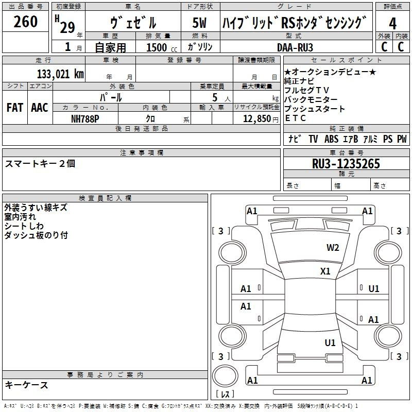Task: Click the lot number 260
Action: click(25, 21)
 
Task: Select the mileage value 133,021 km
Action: click(60, 74)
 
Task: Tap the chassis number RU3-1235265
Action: click(346, 164)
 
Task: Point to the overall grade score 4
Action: click(392, 24)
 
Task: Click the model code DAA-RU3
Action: click(295, 47)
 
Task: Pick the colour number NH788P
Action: click(85, 119)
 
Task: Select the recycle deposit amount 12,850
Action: click(257, 119)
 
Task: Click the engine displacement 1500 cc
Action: click(162, 47)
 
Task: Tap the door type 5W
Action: click(199, 23)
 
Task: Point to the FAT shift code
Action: click(15, 108)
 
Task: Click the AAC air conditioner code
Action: click(40, 108)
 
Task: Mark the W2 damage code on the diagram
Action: click(333, 248)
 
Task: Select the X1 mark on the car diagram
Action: click(325, 271)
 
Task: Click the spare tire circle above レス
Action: click(225, 376)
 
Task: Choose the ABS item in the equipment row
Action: click(331, 139)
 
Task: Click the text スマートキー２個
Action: click(40, 164)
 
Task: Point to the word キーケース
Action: click(27, 385)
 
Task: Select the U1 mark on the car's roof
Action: click(330, 342)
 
